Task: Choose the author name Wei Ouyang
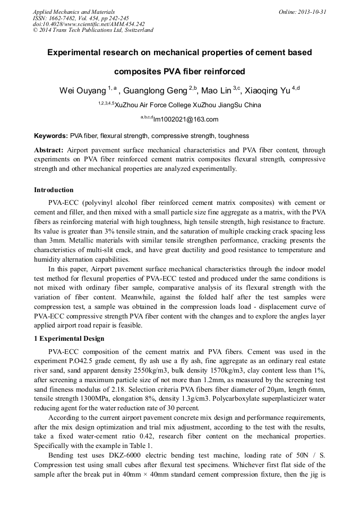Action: click(82, 91)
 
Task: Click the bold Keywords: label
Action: click(51, 136)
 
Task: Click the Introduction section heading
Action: click(54, 189)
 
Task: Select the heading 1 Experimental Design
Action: click(69, 339)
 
